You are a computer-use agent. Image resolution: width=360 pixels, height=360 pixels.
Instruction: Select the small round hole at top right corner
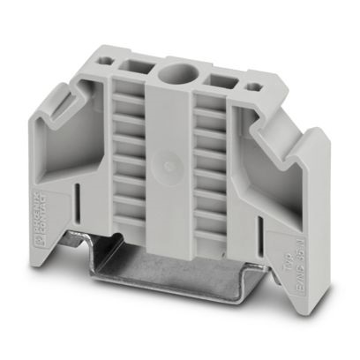[256, 86]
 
